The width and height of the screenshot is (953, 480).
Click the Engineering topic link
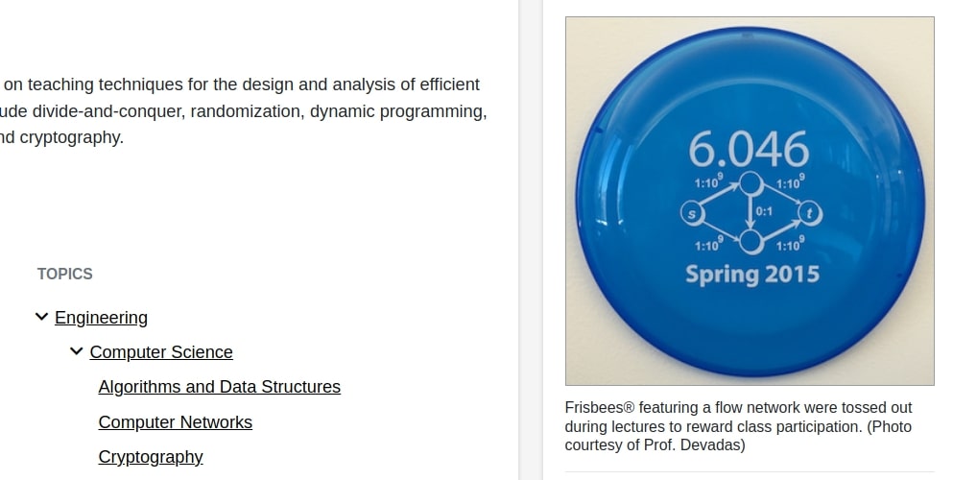point(101,318)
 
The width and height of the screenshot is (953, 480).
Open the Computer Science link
point(161,352)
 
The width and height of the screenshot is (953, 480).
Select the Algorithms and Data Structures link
point(220,387)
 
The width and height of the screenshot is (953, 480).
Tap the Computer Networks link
point(175,422)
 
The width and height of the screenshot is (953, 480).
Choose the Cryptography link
point(151,457)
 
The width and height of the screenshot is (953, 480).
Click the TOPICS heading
point(65,274)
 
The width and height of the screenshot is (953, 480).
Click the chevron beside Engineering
point(41,317)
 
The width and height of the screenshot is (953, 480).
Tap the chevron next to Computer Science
point(76,351)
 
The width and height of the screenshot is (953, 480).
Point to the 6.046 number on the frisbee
point(749,149)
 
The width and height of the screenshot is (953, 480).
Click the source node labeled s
point(692,213)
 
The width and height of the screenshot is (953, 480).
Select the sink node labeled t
point(810,213)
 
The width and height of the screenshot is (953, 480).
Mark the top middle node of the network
point(751,183)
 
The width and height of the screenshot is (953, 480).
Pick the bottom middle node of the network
point(751,242)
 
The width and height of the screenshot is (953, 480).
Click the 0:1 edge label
point(764,211)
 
